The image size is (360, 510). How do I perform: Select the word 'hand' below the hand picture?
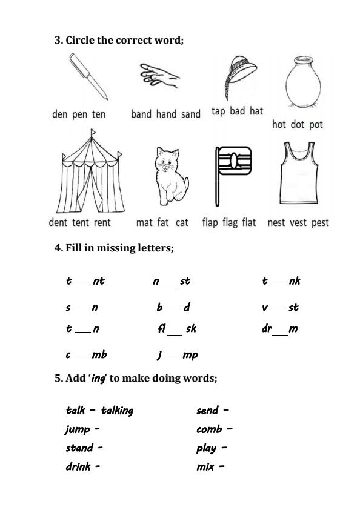[166, 114]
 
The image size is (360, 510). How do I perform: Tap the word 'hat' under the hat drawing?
[256, 111]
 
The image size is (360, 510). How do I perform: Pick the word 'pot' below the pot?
[316, 124]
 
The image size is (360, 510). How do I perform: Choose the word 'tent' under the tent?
[81, 222]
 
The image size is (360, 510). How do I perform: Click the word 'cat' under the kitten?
[182, 222]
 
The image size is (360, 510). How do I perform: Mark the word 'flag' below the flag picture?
[230, 222]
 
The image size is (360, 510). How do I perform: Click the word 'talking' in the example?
[117, 411]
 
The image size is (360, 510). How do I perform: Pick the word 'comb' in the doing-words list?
[209, 429]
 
